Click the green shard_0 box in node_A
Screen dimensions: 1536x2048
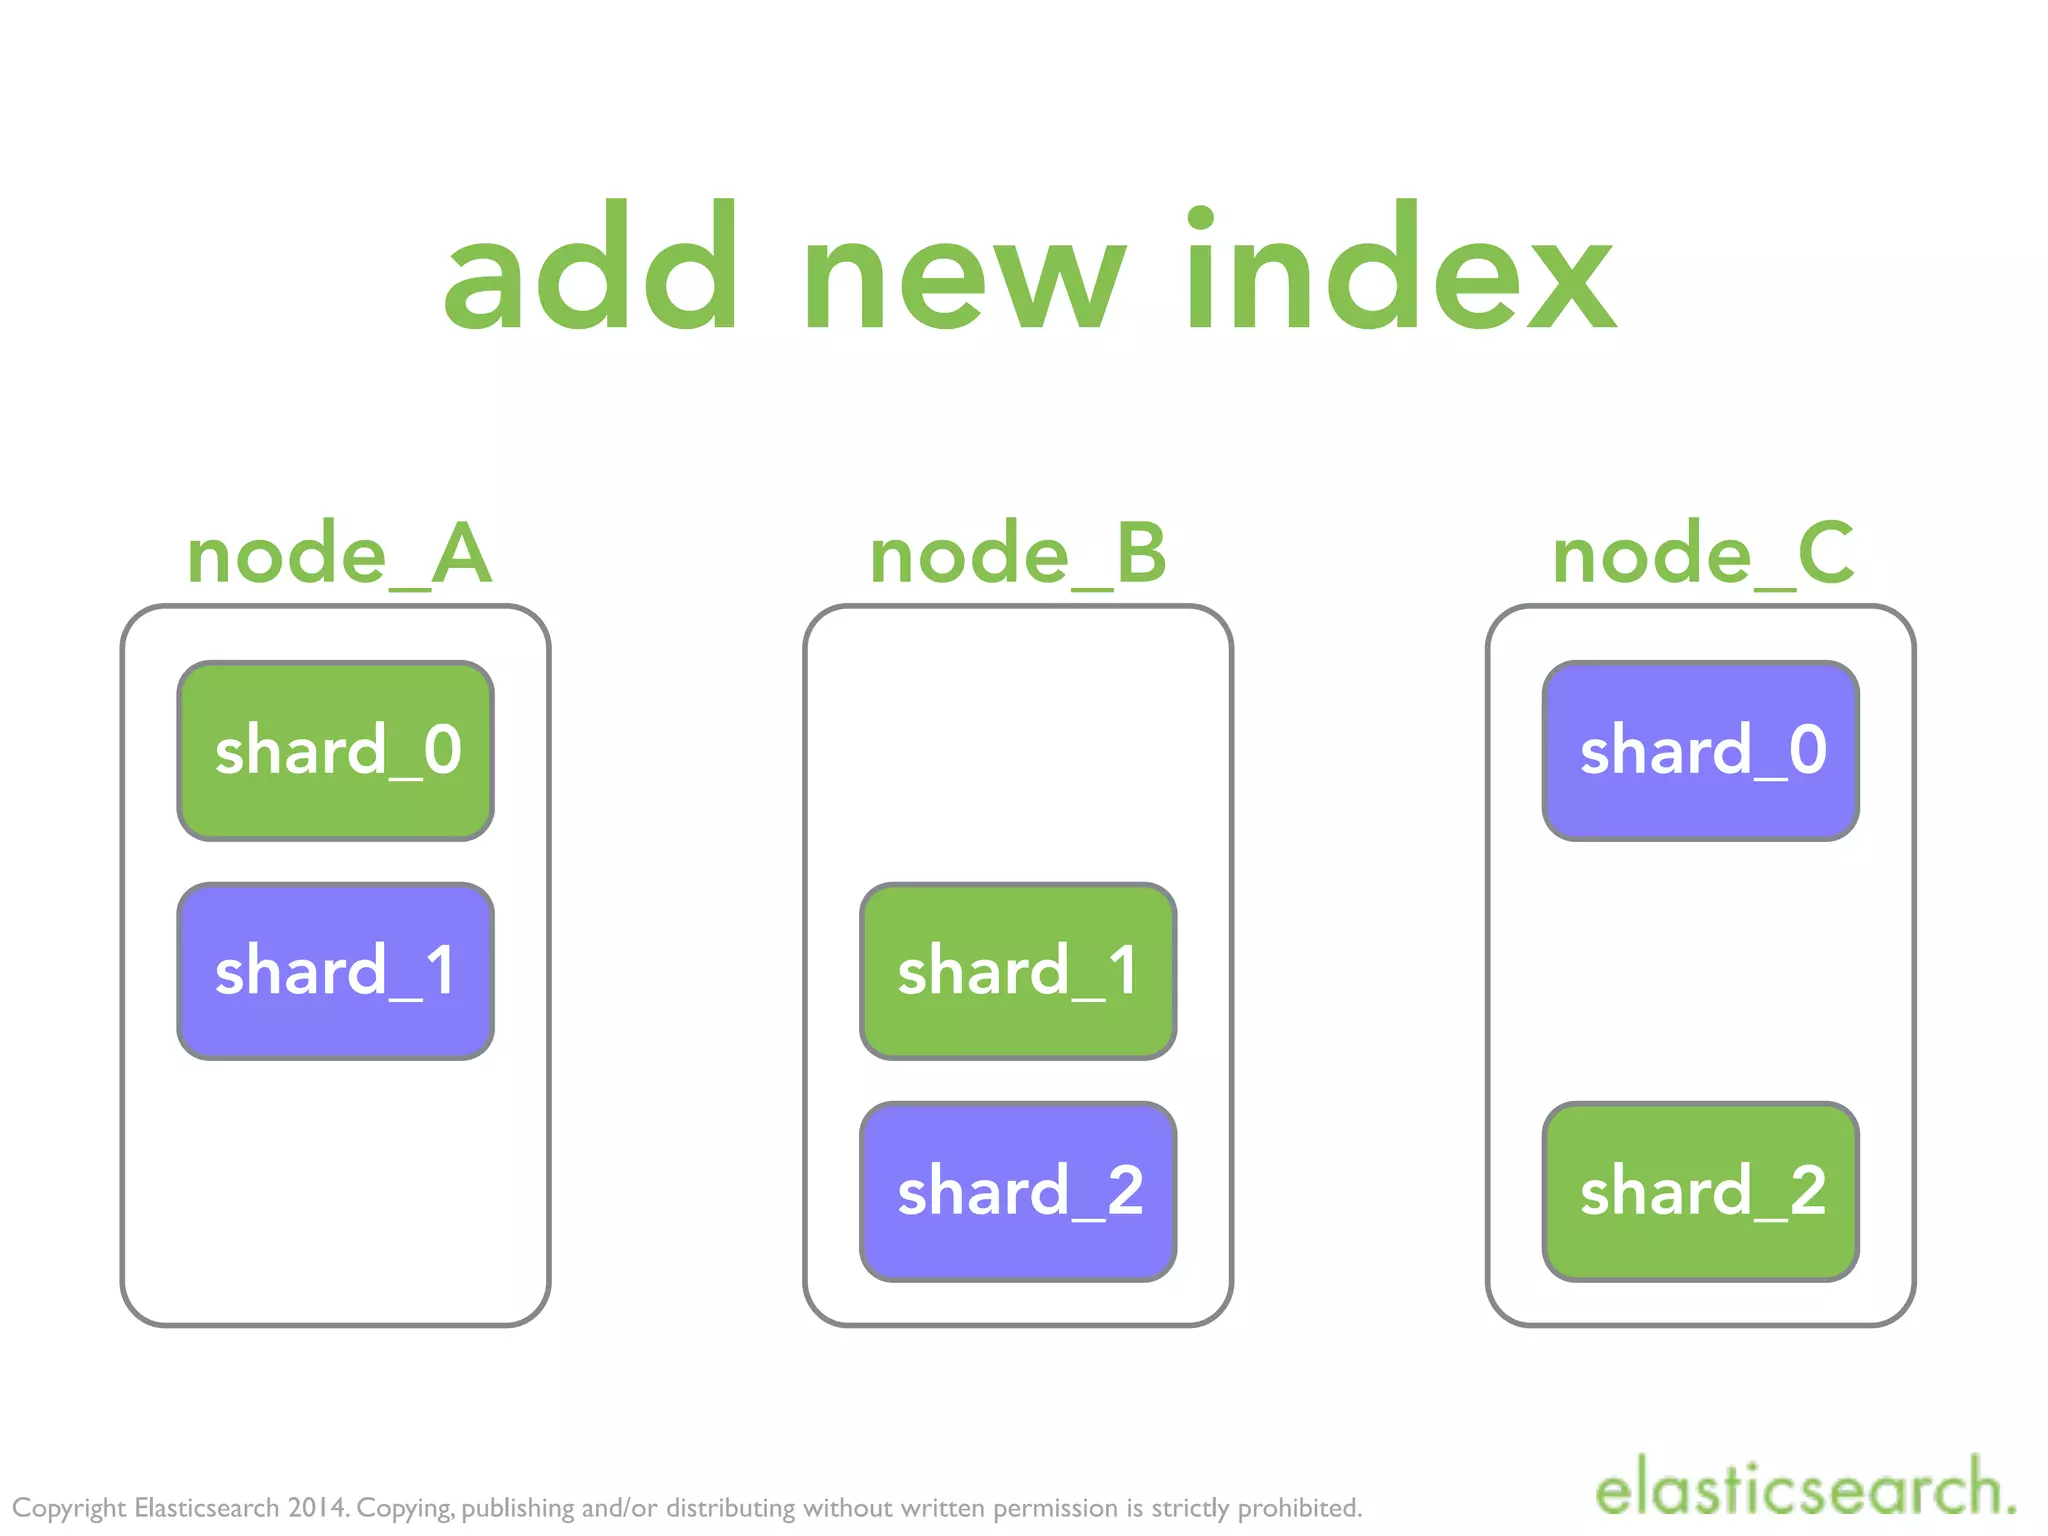pos(335,750)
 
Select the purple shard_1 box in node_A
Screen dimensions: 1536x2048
pos(335,971)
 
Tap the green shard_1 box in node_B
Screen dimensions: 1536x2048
pos(1018,971)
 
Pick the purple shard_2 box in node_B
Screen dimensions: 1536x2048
pos(1018,1191)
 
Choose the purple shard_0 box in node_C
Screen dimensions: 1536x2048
pos(1701,750)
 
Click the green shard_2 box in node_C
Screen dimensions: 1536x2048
pos(1701,1191)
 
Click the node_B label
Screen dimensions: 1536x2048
pos(1018,555)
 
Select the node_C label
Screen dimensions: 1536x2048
pos(1703,555)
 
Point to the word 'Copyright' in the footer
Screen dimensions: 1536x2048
pos(69,1508)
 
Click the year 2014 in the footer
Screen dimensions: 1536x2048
pos(318,1507)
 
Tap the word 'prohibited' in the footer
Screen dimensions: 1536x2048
pos(1300,1507)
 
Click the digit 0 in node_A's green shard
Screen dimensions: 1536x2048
pos(442,750)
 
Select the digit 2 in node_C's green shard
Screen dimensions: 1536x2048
pos(1807,1191)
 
